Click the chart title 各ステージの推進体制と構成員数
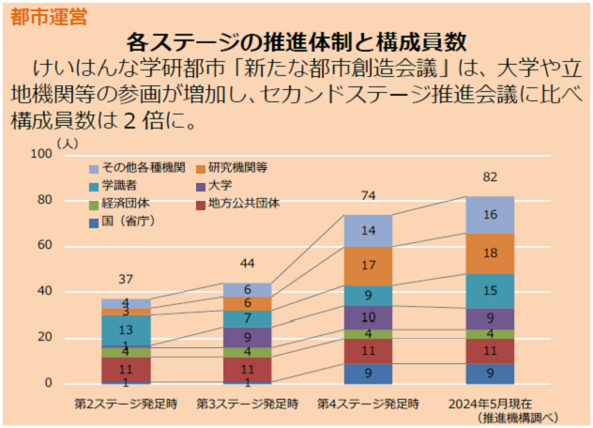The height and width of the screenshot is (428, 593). point(296,41)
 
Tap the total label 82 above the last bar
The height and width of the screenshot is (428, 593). point(490,177)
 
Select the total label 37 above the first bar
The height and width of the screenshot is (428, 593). point(126,280)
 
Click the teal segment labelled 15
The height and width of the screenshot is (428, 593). point(490,291)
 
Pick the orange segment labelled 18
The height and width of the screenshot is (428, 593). point(490,253)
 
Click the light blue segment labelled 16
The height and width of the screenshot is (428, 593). point(490,215)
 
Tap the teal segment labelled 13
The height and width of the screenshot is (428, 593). point(126,330)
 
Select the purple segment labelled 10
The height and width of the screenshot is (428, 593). point(368,317)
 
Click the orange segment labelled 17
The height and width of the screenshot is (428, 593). point(368,266)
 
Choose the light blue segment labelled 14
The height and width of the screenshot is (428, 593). point(368,231)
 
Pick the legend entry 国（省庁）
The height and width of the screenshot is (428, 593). point(128,221)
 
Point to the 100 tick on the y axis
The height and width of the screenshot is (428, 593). point(40,154)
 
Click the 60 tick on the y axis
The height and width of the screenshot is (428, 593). point(43,246)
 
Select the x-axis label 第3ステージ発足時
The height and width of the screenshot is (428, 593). point(247,405)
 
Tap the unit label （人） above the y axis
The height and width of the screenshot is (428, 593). point(68,143)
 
